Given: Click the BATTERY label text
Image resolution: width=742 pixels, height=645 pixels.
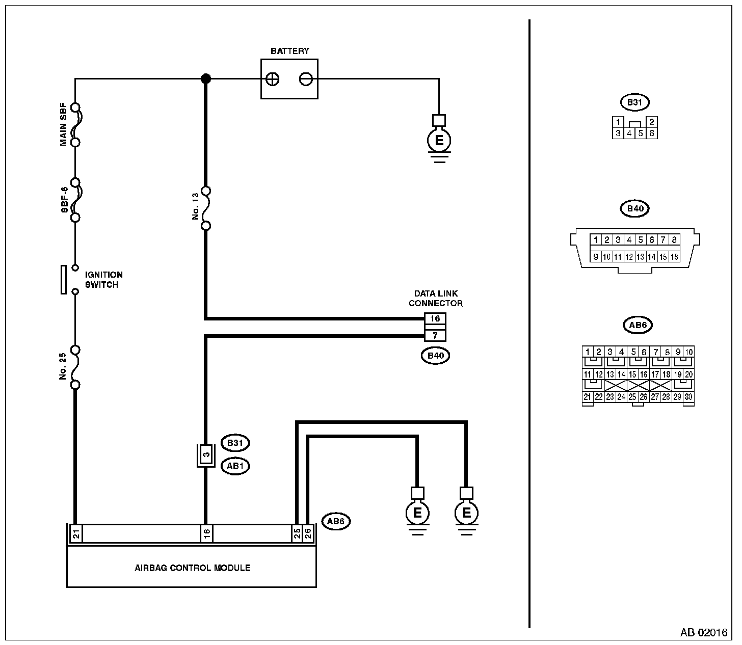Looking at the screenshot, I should [x=289, y=51].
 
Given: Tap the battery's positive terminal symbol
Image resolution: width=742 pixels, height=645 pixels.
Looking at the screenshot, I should [x=273, y=79].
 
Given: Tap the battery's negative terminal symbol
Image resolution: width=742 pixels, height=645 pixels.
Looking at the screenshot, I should [x=306, y=79].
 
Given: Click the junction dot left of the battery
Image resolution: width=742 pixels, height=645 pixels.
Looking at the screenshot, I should [x=205, y=78].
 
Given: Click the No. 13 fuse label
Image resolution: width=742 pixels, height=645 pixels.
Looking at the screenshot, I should [x=196, y=208].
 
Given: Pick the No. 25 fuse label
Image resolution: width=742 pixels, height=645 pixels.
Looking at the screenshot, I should [x=63, y=366].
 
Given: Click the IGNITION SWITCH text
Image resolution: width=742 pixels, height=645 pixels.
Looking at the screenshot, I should [x=103, y=280].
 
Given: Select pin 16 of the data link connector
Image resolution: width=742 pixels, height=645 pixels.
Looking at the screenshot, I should [x=435, y=319].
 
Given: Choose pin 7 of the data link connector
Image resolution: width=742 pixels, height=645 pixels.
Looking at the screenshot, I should [x=435, y=335].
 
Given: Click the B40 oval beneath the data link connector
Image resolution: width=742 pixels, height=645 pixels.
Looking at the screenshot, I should [x=435, y=356].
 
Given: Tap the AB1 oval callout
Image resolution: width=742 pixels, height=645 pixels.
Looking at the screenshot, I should [x=235, y=466].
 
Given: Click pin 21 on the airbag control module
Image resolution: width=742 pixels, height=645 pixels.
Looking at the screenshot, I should [x=75, y=533].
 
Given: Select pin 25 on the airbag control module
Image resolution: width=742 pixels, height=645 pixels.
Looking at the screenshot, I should [x=297, y=533].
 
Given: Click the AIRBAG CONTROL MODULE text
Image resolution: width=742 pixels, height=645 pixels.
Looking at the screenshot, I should [x=192, y=568].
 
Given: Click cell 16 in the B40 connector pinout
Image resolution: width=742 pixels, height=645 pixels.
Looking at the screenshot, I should [x=674, y=257].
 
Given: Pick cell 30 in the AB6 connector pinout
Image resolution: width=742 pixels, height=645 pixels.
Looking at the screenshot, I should [x=688, y=397].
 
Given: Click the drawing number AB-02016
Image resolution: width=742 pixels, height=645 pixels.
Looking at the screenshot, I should [x=704, y=633].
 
